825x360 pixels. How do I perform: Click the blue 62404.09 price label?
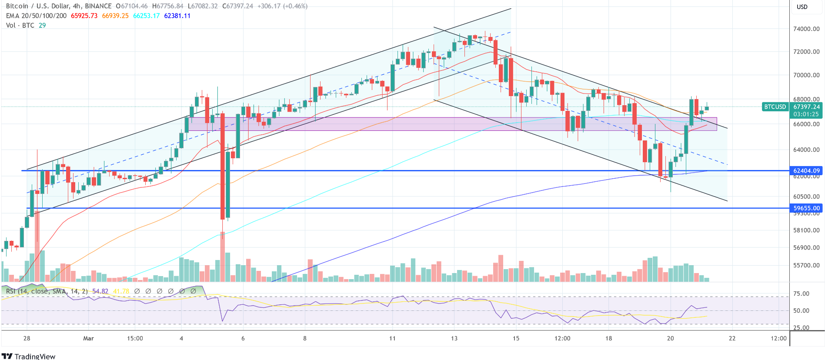tap(806, 171)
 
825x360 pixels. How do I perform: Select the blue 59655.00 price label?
tap(806, 208)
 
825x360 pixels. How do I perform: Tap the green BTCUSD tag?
tap(775, 107)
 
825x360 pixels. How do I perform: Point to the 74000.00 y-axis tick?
tap(806, 29)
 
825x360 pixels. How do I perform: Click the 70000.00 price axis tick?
tap(806, 75)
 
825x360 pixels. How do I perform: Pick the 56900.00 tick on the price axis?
tap(806, 248)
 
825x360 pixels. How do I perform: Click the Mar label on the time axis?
tap(88, 338)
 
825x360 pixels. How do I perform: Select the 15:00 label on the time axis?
tap(135, 338)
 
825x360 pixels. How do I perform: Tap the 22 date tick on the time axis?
tap(732, 338)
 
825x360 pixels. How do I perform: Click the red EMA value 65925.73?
tap(84, 16)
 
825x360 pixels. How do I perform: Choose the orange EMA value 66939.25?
tap(115, 16)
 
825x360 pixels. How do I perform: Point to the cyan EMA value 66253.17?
tap(146, 16)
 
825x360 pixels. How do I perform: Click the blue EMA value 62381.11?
tap(177, 16)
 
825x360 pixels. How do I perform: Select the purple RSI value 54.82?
tap(100, 291)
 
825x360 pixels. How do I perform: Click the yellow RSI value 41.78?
tap(121, 291)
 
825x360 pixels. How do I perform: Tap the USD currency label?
tap(802, 7)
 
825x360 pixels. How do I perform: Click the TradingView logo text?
tap(35, 357)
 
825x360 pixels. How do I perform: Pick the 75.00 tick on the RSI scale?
tap(801, 294)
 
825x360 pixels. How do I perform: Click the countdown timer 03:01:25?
tap(806, 114)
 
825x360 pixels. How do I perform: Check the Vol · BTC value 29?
tap(42, 25)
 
